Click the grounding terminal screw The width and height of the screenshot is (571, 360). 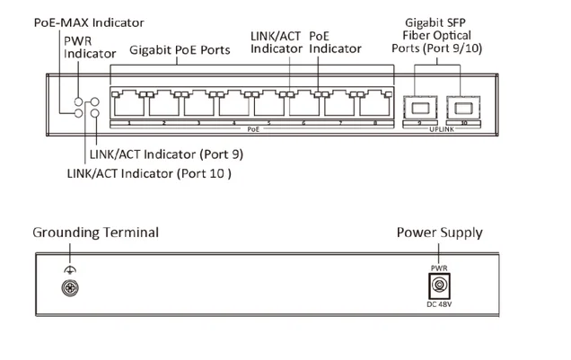[67, 288]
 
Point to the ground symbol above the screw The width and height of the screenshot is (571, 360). [67, 270]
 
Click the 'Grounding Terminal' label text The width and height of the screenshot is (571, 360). [96, 233]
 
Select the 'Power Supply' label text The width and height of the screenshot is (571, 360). [439, 233]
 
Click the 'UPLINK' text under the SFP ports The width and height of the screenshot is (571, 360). [442, 130]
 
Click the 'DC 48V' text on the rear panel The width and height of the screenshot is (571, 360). [439, 309]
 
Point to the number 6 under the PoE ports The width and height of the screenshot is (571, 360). [304, 122]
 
